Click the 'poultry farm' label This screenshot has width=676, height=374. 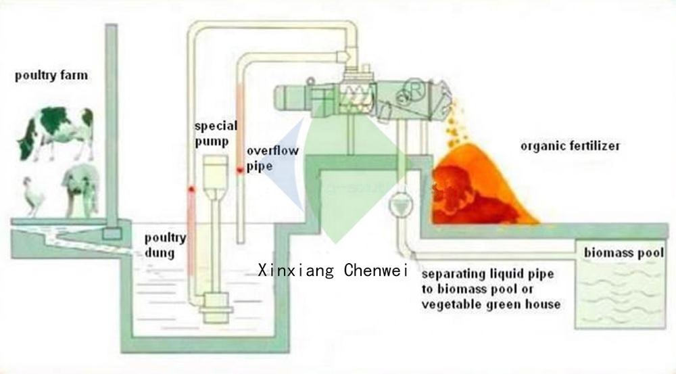(x=51, y=76)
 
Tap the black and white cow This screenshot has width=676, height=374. (x=55, y=134)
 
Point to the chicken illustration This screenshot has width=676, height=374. (x=34, y=196)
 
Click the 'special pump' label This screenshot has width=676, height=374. (x=216, y=134)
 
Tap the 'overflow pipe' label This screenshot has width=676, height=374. (x=272, y=158)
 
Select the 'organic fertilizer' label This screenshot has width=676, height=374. (x=570, y=146)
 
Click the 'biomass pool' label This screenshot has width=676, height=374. (x=623, y=252)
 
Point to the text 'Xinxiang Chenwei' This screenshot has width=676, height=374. (x=333, y=271)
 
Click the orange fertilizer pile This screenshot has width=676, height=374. (x=481, y=185)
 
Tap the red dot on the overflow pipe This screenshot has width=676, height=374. (x=239, y=171)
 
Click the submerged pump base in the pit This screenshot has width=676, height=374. (x=216, y=308)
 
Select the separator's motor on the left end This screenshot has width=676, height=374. (x=291, y=98)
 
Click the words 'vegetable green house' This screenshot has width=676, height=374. (x=491, y=304)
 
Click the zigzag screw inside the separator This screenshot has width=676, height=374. (x=355, y=97)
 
